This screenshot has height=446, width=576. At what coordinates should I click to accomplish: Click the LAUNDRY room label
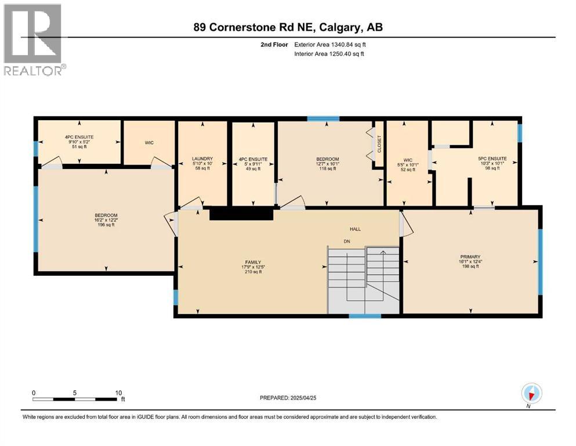coord(203,159)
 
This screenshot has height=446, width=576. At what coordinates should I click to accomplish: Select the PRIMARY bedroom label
coord(470,257)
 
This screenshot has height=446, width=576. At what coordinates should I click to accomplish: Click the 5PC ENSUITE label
coord(492,159)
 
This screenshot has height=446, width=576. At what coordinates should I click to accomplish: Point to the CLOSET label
coord(379,144)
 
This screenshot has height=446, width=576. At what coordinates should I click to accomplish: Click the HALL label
coord(354,229)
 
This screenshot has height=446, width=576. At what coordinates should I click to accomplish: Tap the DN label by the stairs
coord(347,241)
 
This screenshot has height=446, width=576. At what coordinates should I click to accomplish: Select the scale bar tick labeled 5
coord(75,393)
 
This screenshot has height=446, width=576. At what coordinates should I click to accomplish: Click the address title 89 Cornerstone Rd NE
coord(288,27)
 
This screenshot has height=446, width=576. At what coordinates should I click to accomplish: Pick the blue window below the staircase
coord(365,316)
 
